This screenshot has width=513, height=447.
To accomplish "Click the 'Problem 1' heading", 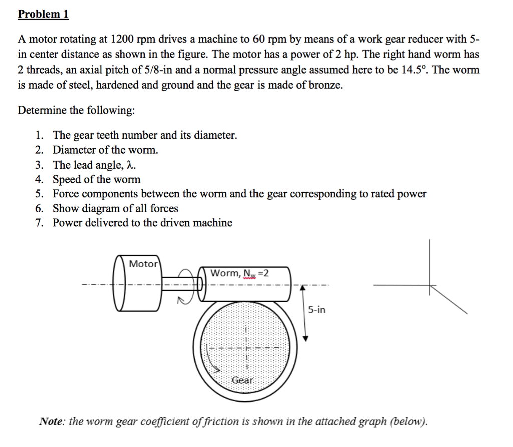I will pos(43,14).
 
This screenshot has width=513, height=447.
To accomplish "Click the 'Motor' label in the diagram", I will pos(143,264).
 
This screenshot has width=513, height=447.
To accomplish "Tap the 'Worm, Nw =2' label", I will pos(239,273).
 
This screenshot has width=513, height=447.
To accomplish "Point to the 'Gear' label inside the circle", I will pos(243,380).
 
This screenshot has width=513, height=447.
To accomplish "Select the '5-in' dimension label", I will pos(316,310).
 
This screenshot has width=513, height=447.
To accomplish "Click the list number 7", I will pos(39,223).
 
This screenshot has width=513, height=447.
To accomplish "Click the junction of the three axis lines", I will pos(429,286).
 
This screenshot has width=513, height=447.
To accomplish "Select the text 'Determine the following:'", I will pos(76,110).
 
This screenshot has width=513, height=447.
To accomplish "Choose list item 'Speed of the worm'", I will pos(97,179).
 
